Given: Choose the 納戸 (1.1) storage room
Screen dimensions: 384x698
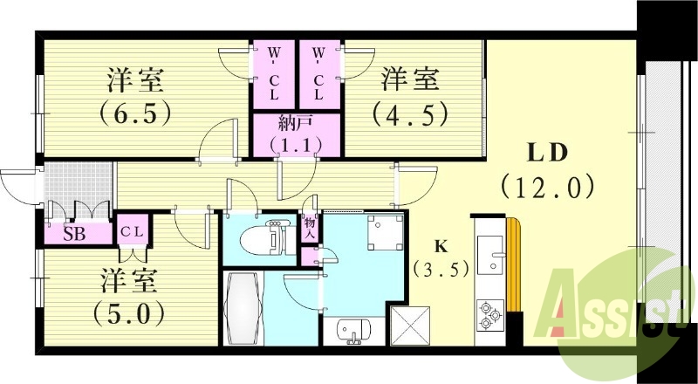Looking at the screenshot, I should (296, 136).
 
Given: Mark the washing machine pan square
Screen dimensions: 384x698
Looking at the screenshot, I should (385, 231).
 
